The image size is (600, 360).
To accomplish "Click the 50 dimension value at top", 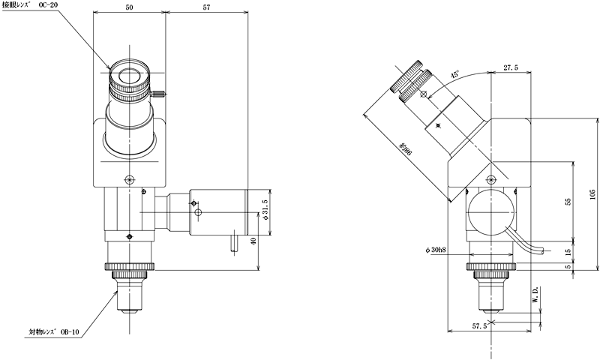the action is click(129, 7).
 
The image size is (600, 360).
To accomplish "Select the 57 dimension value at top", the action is click(206, 7).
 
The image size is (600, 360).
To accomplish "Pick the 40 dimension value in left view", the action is click(253, 241).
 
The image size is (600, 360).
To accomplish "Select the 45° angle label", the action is click(454, 74).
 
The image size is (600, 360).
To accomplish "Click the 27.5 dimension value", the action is click(511, 67).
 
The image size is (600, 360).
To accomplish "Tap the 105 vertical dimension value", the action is click(592, 194).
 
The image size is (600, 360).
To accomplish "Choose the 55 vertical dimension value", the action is click(568, 201).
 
